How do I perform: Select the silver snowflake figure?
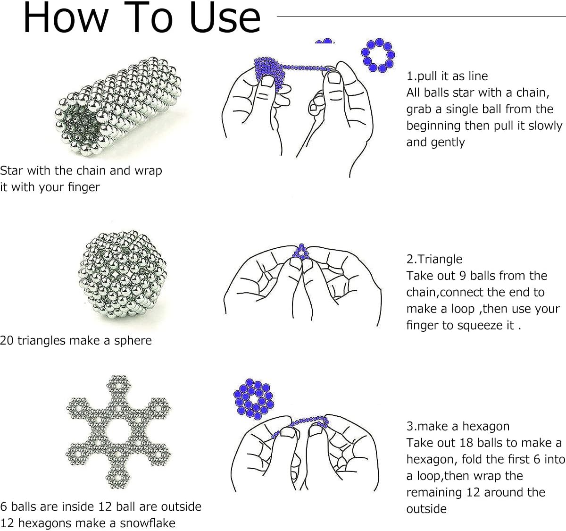pyautogui.click(x=118, y=432)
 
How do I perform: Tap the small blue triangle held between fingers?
pyautogui.click(x=300, y=253)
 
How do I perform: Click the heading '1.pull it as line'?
pyautogui.click(x=447, y=76)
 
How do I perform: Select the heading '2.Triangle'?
pyautogui.click(x=434, y=259)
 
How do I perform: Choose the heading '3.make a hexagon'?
pyautogui.click(x=458, y=426)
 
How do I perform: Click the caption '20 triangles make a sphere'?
pyautogui.click(x=75, y=340)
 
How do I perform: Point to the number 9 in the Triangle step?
pyautogui.click(x=463, y=276)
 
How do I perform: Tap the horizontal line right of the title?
pyautogui.click(x=420, y=16)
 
